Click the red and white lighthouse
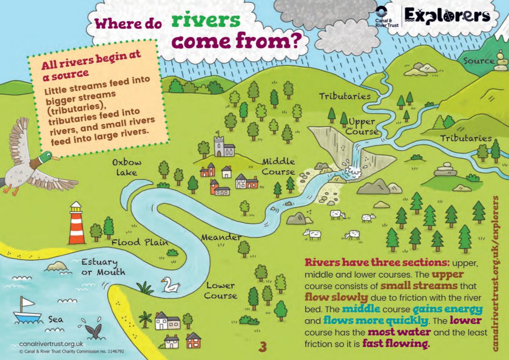[77, 224]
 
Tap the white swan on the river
[170, 285]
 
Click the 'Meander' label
[221, 238]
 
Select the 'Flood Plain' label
[133, 242]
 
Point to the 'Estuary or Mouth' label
[103, 267]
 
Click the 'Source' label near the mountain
[478, 61]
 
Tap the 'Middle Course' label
[278, 167]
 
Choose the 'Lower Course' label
[221, 290]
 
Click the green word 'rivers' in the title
[206, 21]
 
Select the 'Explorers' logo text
[447, 16]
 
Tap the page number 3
[262, 347]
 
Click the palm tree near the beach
[146, 318]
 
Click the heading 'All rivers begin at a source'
[91, 64]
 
